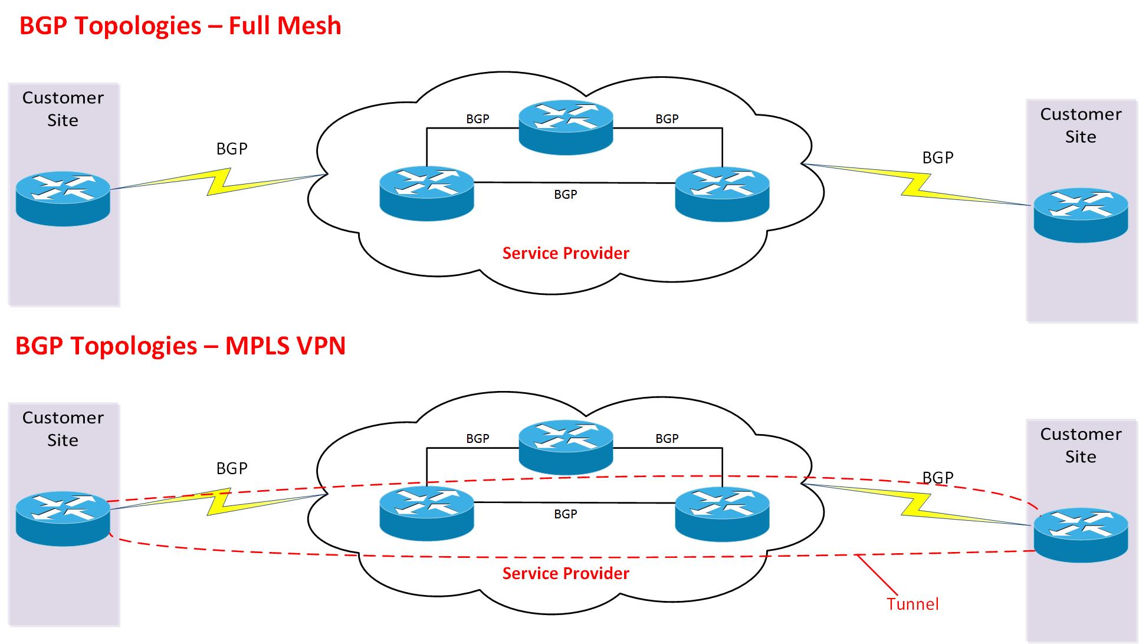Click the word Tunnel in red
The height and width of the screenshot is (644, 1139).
point(912,604)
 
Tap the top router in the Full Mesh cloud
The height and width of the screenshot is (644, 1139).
point(566,127)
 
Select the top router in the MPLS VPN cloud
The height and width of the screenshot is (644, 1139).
point(566,447)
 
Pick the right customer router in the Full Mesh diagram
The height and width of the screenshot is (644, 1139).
point(1081,215)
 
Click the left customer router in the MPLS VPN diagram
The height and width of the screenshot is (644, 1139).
point(63,518)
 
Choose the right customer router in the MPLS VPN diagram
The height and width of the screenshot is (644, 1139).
point(1081,535)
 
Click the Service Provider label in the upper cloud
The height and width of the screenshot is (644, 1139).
point(566,254)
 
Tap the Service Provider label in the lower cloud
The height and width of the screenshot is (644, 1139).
point(566,573)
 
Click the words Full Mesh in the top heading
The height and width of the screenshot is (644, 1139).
point(285,26)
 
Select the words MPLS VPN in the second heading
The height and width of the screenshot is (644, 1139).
point(285,346)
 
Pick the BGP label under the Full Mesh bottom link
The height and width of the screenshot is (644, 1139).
point(565,195)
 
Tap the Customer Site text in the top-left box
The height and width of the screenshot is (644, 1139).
point(63,109)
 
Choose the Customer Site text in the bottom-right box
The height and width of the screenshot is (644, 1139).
point(1081,445)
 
